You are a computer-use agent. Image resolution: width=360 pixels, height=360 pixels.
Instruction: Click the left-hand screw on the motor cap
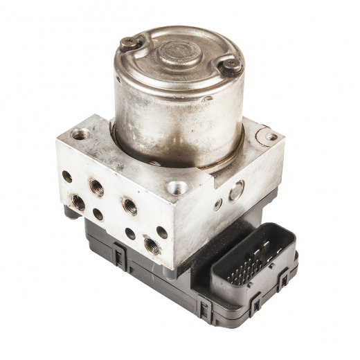[129, 43]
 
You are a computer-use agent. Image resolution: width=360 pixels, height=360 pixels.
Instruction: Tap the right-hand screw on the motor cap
[231, 66]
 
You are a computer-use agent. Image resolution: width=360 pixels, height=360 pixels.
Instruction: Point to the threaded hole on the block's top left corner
[80, 134]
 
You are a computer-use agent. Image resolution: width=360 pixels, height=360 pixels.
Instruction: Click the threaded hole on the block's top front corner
[177, 187]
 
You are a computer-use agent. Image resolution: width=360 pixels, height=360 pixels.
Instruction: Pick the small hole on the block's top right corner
[269, 137]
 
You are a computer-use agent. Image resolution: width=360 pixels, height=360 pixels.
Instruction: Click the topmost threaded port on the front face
[96, 187]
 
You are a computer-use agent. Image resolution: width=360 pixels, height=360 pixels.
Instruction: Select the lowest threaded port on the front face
[151, 245]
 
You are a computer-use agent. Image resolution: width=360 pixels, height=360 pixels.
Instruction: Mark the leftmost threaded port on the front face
[78, 203]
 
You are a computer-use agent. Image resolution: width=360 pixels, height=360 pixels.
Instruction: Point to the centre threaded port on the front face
[129, 205]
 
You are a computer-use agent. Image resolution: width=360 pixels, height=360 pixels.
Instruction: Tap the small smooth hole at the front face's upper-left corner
[67, 176]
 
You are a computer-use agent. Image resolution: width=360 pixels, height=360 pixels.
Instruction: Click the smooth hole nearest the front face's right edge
[162, 232]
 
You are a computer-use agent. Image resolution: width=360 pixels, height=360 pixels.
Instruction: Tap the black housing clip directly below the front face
[119, 258]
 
